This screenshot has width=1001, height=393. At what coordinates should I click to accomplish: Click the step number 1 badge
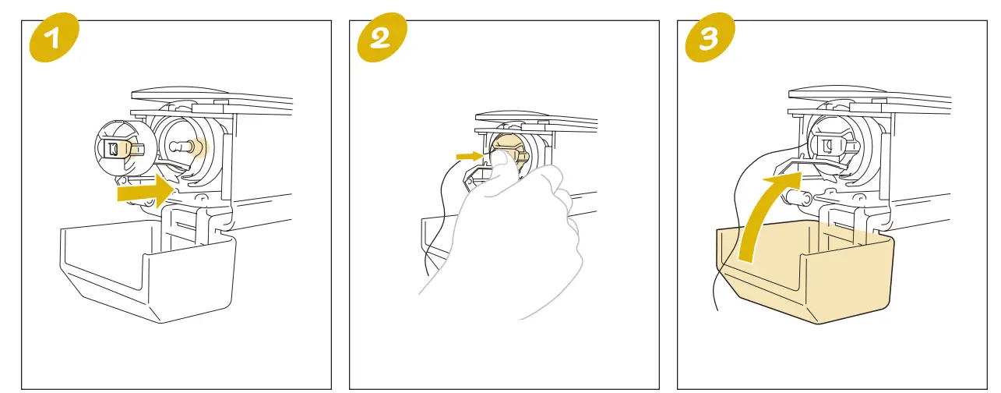pyautogui.click(x=55, y=39)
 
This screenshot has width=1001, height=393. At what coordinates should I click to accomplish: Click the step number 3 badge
pyautogui.click(x=708, y=39)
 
